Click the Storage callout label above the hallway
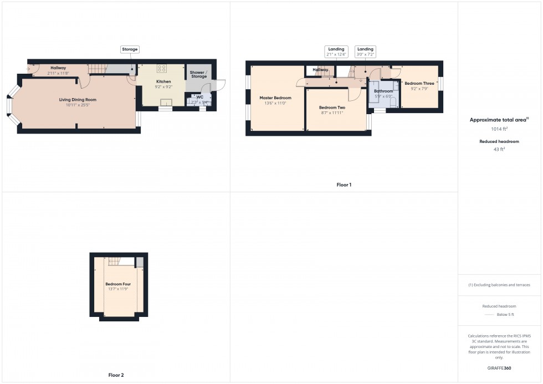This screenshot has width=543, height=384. [x=130, y=49]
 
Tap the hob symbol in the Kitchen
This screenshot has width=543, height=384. [x=162, y=69]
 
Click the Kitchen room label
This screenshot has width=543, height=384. [x=163, y=81]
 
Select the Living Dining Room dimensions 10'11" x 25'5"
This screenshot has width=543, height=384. [x=78, y=105]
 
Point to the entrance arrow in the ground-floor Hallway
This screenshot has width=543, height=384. [x=29, y=69]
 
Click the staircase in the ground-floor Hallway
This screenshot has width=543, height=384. [x=98, y=69]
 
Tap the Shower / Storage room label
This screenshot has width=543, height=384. [x=198, y=75]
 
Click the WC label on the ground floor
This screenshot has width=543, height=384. [x=200, y=96]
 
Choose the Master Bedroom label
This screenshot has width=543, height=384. [x=275, y=98]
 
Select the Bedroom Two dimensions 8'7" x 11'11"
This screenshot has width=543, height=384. [x=332, y=112]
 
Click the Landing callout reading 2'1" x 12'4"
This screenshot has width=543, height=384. [x=336, y=52]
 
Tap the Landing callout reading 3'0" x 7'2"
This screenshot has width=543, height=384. [x=365, y=52]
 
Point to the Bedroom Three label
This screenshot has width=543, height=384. [x=419, y=83]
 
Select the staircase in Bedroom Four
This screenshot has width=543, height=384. [x=114, y=261]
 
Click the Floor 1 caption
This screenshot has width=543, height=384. [x=344, y=185]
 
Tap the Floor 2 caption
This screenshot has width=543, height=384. [x=116, y=375]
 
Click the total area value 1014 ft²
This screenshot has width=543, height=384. [x=499, y=129]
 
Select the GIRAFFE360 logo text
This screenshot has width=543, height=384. [x=499, y=368]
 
